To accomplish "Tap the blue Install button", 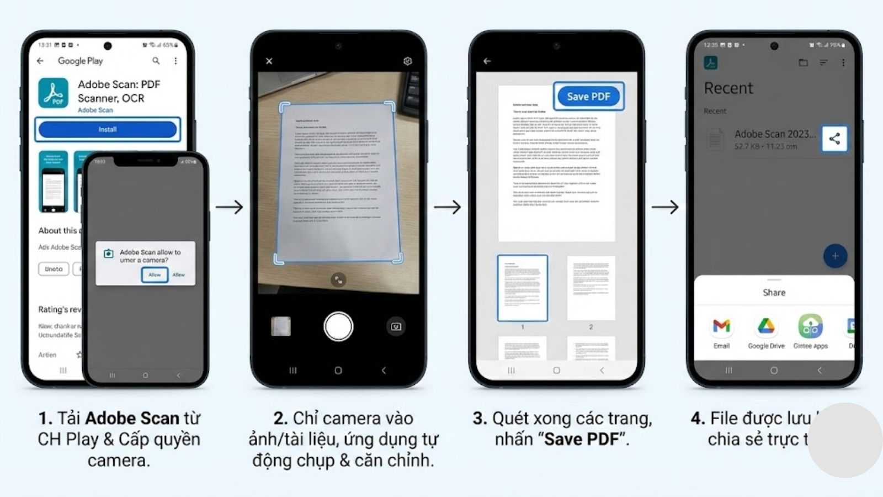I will [108, 129].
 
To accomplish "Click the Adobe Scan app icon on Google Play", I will [54, 93].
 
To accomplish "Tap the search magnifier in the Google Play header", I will [156, 61].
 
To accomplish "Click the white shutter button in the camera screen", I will [338, 326].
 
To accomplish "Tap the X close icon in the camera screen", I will [269, 61].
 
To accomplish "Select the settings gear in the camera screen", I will [407, 61].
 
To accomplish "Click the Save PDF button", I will [588, 97].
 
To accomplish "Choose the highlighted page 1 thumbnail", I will [523, 288].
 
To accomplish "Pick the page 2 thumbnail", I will [591, 288].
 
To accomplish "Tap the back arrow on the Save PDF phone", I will [487, 61].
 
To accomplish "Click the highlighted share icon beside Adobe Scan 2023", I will [834, 139].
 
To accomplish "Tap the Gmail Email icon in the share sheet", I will [721, 326].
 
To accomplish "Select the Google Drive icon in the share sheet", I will [766, 326].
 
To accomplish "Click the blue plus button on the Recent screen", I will [835, 256].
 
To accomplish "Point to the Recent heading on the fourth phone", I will [728, 88].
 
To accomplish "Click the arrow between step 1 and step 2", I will [229, 207].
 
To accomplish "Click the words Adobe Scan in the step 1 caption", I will [132, 419].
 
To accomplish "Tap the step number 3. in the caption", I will [480, 419].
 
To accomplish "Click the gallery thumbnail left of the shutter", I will [281, 326].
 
